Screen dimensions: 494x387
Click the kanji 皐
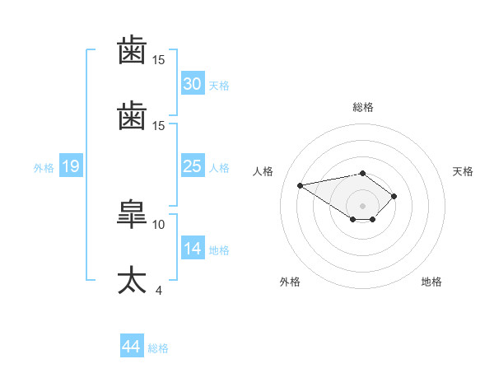(132, 214)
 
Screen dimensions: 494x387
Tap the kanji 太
(132, 280)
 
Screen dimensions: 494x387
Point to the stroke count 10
(158, 225)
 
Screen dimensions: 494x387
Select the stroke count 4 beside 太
(159, 291)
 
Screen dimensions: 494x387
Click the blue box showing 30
(193, 83)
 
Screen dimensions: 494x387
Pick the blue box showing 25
(193, 166)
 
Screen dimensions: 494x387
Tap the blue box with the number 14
(193, 247)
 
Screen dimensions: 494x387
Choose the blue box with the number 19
(71, 166)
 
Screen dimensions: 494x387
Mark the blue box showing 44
(132, 345)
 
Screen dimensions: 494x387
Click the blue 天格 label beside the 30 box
(219, 86)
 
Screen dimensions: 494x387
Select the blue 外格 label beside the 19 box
(44, 168)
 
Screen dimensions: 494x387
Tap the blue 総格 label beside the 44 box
(158, 348)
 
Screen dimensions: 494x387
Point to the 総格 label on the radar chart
(363, 107)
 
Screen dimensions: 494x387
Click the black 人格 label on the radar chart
(263, 171)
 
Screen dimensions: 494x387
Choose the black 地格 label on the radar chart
(431, 282)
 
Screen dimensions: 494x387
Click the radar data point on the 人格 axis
(300, 185)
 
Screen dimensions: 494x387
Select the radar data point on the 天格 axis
(394, 196)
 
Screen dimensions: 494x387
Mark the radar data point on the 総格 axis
(362, 174)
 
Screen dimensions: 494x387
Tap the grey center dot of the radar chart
(362, 206)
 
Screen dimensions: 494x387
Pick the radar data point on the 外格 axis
(353, 219)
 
